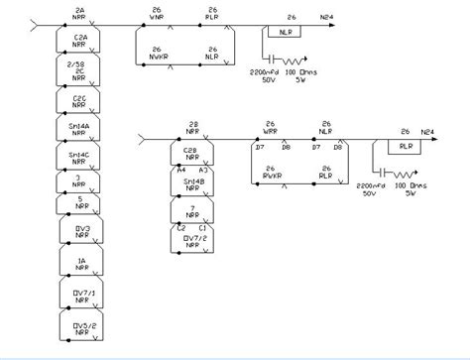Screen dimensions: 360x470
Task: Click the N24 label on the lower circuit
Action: click(427, 131)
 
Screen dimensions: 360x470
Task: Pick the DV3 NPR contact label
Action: click(80, 234)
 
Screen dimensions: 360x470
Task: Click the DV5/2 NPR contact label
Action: click(80, 328)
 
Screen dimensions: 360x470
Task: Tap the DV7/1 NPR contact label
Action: click(80, 297)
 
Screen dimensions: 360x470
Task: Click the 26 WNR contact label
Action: click(156, 14)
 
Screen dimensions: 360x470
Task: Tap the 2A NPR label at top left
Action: click(80, 14)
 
